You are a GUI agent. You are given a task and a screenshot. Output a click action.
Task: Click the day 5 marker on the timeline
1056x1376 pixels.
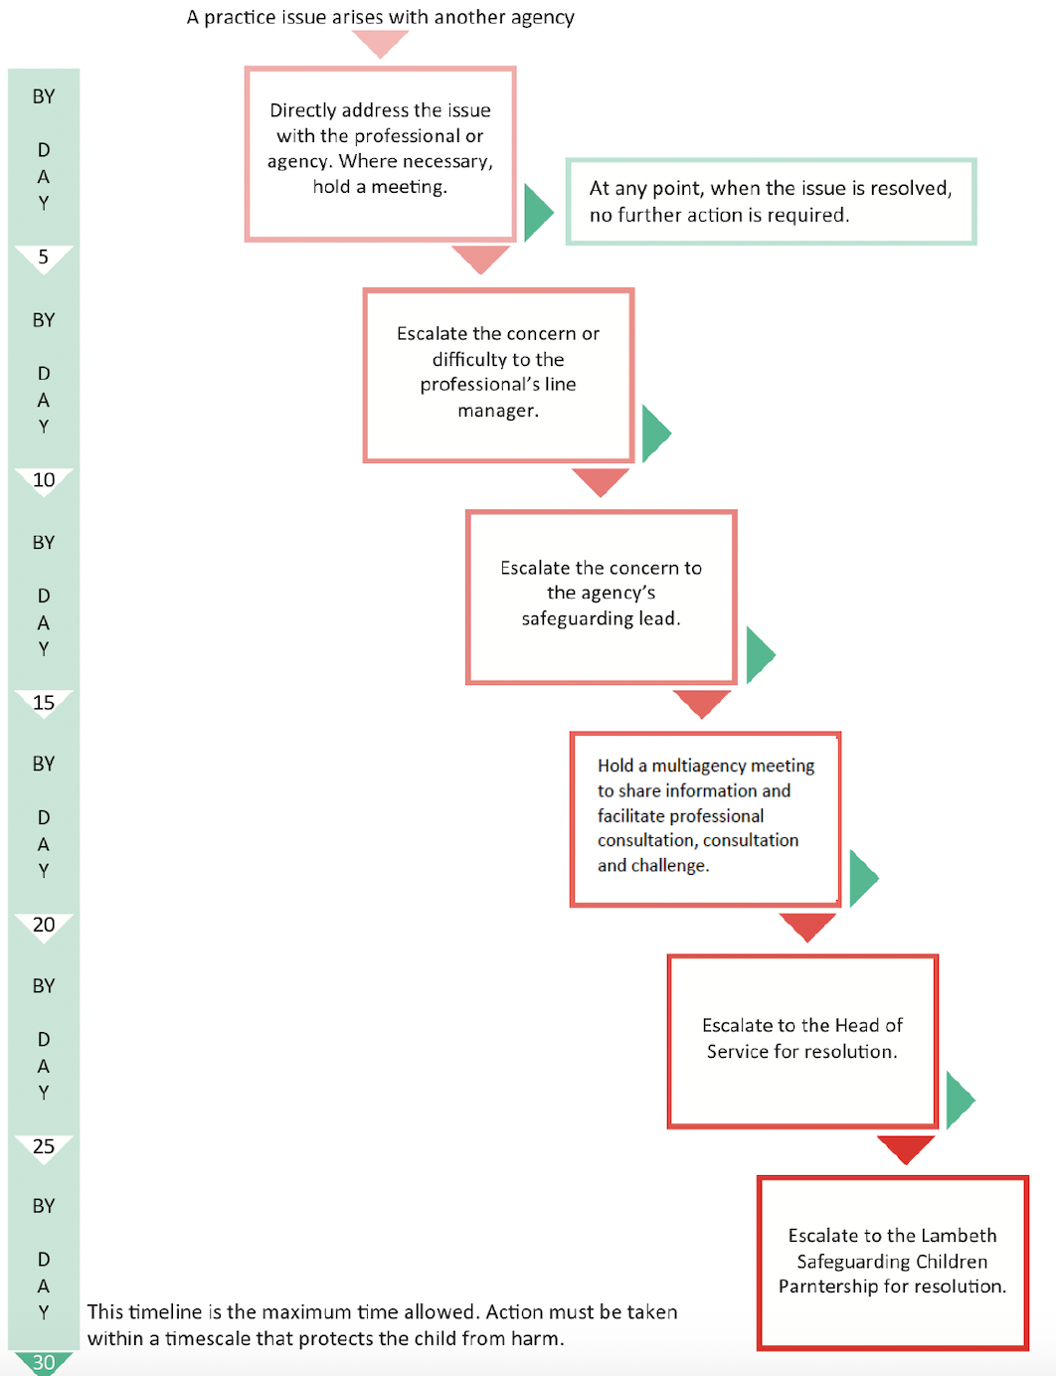(43, 258)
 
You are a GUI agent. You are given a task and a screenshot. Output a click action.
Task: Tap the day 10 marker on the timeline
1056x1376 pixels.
(44, 481)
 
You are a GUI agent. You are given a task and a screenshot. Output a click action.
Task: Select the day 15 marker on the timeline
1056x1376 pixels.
(44, 704)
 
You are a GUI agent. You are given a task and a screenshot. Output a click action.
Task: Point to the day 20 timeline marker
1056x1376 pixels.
(44, 927)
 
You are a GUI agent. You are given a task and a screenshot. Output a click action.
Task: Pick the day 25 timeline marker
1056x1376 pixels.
(44, 1148)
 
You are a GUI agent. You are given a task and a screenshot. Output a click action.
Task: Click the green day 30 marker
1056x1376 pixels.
(44, 1363)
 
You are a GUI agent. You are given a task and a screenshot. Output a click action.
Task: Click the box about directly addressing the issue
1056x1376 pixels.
(380, 154)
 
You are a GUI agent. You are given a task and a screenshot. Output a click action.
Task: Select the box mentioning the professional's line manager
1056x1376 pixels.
(498, 375)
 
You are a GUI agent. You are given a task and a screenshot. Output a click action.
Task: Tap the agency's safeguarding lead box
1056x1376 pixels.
(601, 598)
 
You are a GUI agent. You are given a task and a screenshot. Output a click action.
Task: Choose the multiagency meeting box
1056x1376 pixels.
(705, 819)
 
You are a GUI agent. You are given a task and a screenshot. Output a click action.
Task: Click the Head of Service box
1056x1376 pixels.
(802, 1042)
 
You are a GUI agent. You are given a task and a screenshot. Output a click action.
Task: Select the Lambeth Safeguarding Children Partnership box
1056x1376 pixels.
(893, 1264)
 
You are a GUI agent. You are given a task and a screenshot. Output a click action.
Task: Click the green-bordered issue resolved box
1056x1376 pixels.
(771, 202)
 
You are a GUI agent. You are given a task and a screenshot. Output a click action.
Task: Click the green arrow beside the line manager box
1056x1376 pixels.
(655, 433)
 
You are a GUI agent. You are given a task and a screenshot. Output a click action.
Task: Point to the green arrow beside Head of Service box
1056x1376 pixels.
(960, 1101)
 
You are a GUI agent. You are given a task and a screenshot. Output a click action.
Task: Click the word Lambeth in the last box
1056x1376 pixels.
(959, 1236)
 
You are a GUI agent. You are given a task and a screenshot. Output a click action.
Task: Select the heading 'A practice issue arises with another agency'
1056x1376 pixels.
(381, 17)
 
